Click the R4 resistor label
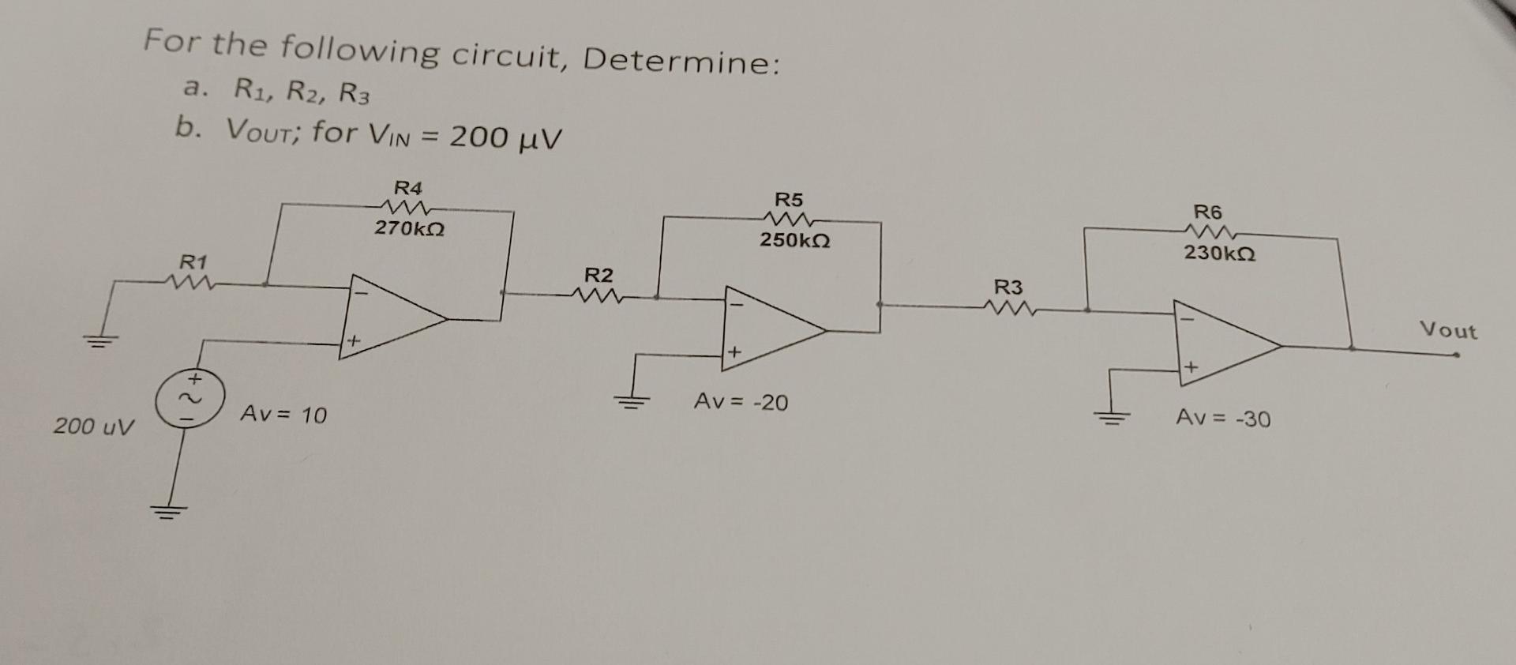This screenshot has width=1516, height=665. (408, 189)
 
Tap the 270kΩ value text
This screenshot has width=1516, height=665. (409, 229)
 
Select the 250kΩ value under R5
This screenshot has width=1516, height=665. (794, 239)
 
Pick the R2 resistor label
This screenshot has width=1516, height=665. (598, 276)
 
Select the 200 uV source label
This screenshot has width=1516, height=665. (94, 426)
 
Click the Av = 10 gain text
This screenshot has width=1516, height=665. (283, 415)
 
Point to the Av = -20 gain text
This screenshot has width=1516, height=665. (741, 403)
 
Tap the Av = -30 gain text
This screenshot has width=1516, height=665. (1223, 418)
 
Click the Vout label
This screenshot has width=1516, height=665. (1448, 330)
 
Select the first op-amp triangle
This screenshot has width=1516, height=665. (387, 317)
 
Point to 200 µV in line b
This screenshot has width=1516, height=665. (505, 138)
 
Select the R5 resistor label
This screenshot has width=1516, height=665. (788, 199)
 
